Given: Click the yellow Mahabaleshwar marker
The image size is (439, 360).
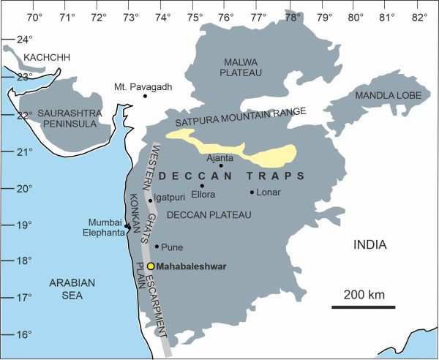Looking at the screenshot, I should click(x=151, y=266).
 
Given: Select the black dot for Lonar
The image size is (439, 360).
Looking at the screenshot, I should click(x=252, y=192).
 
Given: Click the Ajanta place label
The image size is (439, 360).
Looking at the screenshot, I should click(x=219, y=157).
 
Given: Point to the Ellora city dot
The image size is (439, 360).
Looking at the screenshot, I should click(x=202, y=186).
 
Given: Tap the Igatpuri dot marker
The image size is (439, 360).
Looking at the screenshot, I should click(x=151, y=200).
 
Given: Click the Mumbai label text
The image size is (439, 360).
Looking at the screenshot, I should click(x=103, y=222).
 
